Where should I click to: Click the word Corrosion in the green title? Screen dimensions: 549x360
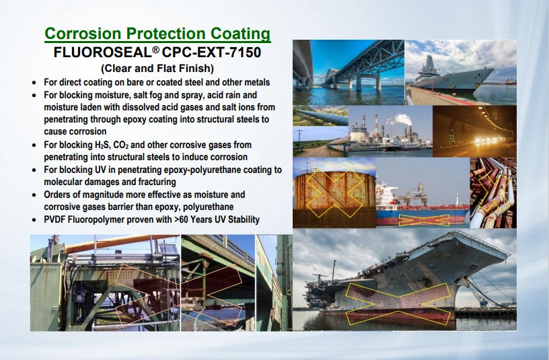tap(83, 34)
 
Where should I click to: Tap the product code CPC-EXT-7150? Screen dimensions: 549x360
tap(211, 52)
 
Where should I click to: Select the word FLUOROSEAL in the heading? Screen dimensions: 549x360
tap(103, 52)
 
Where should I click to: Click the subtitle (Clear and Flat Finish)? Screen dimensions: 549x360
tap(157, 68)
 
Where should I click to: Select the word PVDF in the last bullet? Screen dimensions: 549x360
tap(54, 219)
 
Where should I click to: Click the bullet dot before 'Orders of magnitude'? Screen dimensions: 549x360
tap(34, 195)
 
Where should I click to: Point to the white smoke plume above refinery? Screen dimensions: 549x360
tap(398, 120)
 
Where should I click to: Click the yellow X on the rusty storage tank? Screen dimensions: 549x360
tap(334, 192)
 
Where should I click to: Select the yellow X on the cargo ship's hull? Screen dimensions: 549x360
tap(424, 220)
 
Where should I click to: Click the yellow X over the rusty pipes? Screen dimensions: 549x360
tap(495, 192)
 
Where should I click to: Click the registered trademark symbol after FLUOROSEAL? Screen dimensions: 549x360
tap(156, 50)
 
